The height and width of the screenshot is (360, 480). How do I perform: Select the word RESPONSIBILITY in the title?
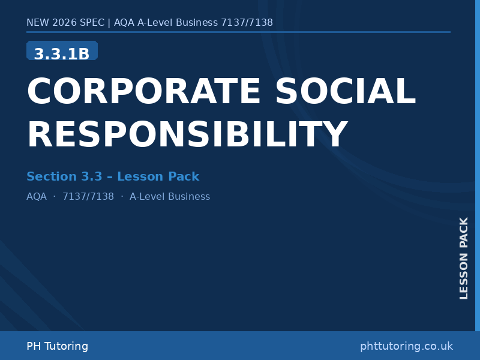[187, 135]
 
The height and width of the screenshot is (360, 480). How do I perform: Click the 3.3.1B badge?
[62, 53]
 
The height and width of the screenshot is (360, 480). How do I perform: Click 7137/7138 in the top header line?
[247, 23]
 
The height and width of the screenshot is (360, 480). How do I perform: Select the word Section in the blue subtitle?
[52, 176]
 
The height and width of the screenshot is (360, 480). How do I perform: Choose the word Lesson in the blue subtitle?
[140, 176]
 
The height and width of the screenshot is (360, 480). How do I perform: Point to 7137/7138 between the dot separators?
[88, 197]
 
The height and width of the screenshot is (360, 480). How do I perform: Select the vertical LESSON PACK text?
[464, 258]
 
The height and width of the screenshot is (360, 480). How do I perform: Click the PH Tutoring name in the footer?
[57, 346]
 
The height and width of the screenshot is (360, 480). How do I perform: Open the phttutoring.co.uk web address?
[406, 346]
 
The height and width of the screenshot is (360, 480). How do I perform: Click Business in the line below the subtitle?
[189, 197]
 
